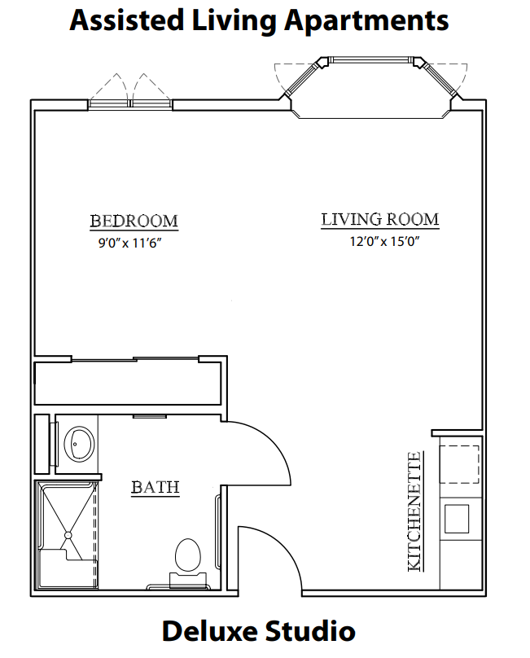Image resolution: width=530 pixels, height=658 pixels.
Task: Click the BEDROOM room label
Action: [134, 222]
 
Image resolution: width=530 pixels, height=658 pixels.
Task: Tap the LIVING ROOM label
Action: [380, 220]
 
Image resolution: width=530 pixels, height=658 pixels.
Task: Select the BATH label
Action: [155, 487]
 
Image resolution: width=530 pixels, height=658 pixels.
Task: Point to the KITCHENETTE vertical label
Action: [414, 511]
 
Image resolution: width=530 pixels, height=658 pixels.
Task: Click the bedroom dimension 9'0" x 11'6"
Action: [130, 243]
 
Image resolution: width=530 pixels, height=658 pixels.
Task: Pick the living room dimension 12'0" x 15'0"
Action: [385, 241]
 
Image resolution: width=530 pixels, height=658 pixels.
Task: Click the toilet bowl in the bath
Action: [187, 555]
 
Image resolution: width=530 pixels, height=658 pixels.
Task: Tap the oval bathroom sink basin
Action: [79, 443]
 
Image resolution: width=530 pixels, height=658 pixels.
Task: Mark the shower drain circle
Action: [68, 535]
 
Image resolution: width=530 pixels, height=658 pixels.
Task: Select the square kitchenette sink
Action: [457, 519]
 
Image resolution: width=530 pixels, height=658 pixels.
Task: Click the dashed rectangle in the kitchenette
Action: [459, 464]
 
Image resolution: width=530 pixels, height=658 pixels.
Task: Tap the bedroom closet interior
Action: [128, 384]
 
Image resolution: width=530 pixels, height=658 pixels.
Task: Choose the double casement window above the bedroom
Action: [130, 103]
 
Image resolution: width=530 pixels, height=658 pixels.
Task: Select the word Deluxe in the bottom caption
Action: [209, 632]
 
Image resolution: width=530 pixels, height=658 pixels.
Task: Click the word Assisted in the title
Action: [127, 20]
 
